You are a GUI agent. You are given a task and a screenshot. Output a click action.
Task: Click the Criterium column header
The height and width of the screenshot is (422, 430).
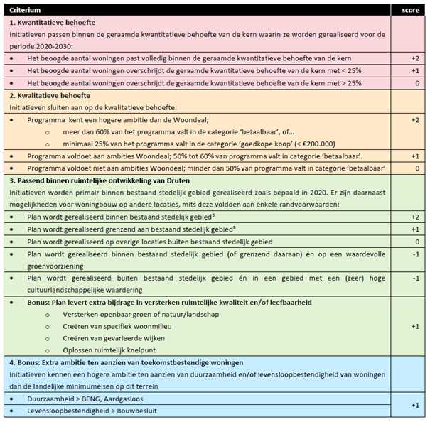click(x=25, y=10)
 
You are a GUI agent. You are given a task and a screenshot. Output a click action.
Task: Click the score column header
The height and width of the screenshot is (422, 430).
click(x=409, y=10)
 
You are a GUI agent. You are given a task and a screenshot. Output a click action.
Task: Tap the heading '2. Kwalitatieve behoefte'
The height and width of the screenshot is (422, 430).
click(x=50, y=94)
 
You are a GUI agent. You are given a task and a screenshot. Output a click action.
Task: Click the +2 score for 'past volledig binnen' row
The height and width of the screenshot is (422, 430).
click(x=414, y=58)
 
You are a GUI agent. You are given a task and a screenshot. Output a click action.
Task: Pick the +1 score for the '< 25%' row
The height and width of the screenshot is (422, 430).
click(x=414, y=71)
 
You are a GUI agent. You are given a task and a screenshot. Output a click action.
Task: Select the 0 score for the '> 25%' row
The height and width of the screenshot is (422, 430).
click(x=414, y=83)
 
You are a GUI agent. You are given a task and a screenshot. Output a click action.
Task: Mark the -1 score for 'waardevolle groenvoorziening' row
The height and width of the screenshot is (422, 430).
click(x=414, y=255)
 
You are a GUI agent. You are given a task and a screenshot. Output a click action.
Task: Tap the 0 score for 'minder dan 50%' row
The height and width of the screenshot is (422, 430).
click(x=414, y=168)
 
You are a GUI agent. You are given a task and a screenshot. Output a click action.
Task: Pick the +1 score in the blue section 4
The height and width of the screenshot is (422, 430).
click(x=414, y=405)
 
